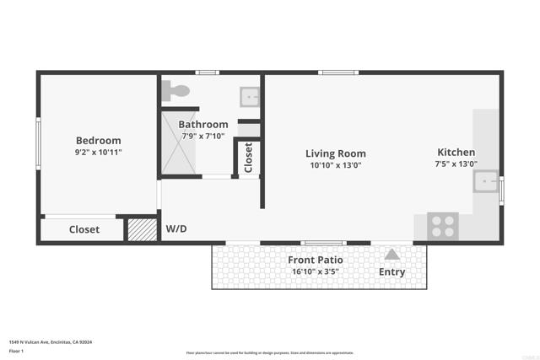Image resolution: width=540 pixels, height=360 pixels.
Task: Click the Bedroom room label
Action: pyautogui.click(x=98, y=141)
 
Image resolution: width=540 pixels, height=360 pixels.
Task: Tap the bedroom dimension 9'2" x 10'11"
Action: pyautogui.click(x=98, y=153)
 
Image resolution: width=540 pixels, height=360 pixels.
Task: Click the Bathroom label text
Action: pyautogui.click(x=202, y=124)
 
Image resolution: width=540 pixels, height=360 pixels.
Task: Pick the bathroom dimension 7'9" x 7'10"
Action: pyautogui.click(x=202, y=136)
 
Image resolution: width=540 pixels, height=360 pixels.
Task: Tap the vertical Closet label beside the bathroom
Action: pyautogui.click(x=249, y=158)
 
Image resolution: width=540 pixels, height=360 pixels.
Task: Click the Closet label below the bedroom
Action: pyautogui.click(x=84, y=229)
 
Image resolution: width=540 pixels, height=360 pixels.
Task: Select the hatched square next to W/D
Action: pyautogui.click(x=141, y=229)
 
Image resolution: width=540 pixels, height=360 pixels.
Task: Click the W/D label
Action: pyautogui.click(x=176, y=228)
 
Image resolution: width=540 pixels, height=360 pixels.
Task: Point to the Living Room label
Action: pyautogui.click(x=335, y=153)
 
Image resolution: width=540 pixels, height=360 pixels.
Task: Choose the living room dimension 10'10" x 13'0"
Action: pyautogui.click(x=335, y=165)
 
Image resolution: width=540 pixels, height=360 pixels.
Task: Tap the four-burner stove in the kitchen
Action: pyautogui.click(x=443, y=226)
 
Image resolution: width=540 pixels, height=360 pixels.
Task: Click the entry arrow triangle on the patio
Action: pyautogui.click(x=391, y=254)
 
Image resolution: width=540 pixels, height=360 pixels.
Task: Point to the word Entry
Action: pyautogui.click(x=391, y=272)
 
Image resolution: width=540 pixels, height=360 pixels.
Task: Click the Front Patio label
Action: pyautogui.click(x=316, y=260)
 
